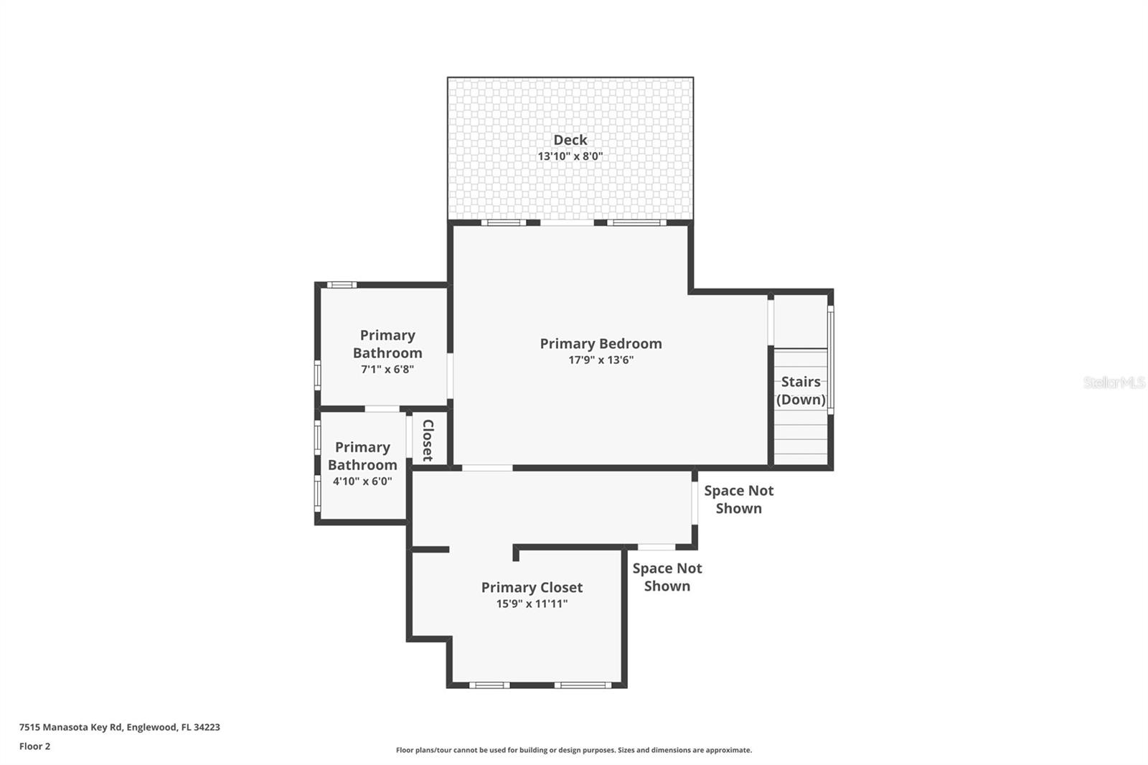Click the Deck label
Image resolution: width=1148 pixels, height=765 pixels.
[570, 140]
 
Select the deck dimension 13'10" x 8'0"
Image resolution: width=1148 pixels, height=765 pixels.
[570, 156]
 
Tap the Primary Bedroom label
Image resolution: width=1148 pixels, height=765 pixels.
[601, 344]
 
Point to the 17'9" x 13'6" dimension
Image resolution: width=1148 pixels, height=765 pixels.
[601, 360]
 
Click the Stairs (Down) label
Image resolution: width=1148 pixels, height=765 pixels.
[801, 390]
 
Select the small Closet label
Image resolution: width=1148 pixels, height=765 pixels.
[428, 440]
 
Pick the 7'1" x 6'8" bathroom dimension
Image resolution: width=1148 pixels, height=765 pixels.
[387, 370]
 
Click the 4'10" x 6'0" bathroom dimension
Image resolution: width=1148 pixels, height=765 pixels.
[362, 482]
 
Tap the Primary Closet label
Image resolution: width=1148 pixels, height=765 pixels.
[532, 588]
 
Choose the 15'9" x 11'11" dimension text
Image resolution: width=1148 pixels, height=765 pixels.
[532, 604]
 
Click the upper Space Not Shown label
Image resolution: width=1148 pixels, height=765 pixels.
[738, 499]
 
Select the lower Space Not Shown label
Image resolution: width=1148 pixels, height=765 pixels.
[667, 577]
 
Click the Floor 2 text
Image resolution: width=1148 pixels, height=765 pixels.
[34, 746]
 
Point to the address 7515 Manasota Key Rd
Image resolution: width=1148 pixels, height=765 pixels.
[119, 727]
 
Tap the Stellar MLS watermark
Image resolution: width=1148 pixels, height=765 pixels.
[1114, 382]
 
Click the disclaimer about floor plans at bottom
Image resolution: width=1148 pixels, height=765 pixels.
[573, 750]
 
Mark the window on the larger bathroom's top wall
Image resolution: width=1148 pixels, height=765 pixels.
[342, 285]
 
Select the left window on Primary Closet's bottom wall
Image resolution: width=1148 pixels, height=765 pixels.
[489, 685]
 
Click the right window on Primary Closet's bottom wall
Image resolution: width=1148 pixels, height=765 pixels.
[583, 685]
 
